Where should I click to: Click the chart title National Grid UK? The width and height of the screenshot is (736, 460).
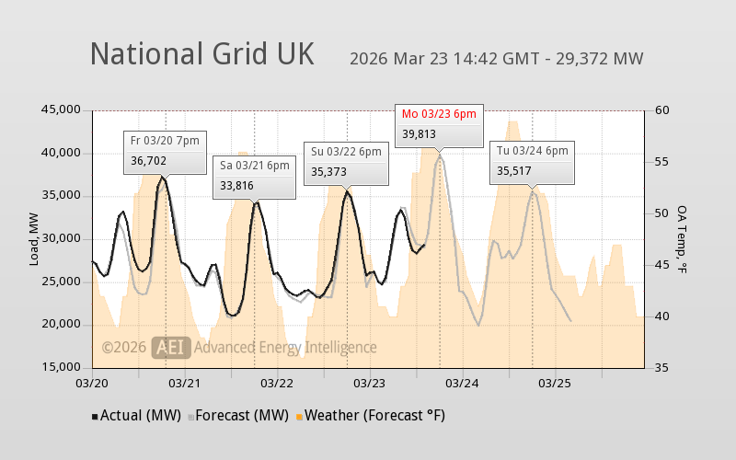tap(201, 53)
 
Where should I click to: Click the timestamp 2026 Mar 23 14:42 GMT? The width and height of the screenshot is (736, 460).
tap(443, 60)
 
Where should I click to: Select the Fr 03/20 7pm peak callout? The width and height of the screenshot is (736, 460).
tap(165, 151)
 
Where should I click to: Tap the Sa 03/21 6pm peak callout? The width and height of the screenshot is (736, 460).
tap(255, 176)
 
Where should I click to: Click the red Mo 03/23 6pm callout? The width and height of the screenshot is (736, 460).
tap(439, 124)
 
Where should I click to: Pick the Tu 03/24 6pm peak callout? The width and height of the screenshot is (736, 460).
tap(532, 162)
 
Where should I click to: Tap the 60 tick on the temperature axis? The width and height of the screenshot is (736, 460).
tap(661, 110)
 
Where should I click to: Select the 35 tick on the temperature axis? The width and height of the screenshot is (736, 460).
tap(661, 368)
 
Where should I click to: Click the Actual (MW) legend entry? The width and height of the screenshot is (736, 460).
tap(138, 415)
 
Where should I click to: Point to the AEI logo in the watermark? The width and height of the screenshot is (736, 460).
tap(172, 347)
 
